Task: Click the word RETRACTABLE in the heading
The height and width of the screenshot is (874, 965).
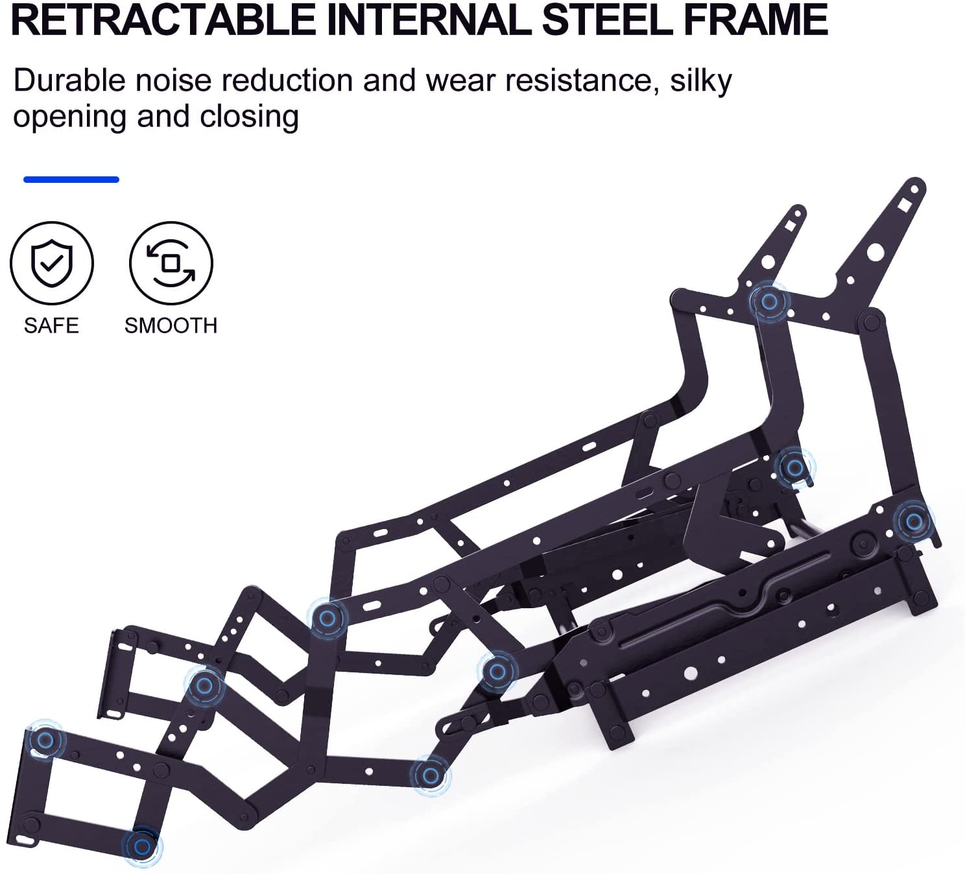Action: click(x=163, y=19)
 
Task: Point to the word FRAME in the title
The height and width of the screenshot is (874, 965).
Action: click(x=756, y=19)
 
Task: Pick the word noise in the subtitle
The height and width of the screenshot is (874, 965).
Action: click(x=174, y=80)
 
